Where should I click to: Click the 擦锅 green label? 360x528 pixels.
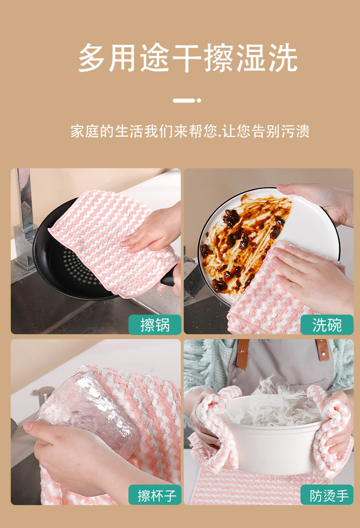coord(155,325)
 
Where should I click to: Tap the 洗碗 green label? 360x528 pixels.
coord(327,325)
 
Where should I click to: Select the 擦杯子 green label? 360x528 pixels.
coord(155,495)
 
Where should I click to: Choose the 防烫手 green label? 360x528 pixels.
coord(327,495)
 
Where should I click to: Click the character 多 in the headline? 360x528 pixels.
coord(92,57)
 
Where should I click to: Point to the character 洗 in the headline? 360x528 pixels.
coord(283,57)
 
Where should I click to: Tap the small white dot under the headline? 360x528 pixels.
coord(199,100)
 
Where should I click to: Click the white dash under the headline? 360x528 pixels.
coord(184,100)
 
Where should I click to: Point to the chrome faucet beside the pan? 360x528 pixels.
coord(25,219)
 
